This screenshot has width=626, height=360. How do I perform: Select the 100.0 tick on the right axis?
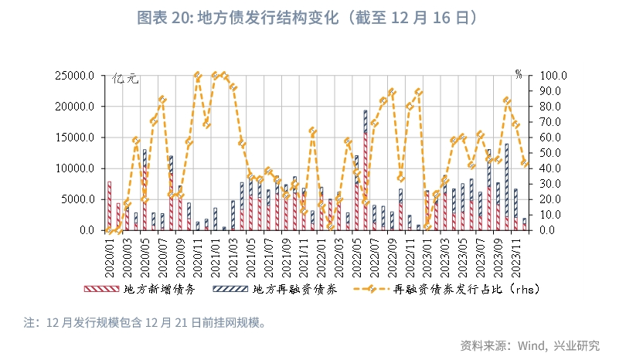click(x=553, y=76)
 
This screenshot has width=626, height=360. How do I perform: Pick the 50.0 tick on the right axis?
click(x=550, y=153)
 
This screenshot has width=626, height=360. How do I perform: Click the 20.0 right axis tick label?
click(x=550, y=199)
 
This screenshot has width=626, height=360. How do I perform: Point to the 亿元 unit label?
click(x=125, y=78)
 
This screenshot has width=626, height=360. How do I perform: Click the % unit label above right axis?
click(x=519, y=74)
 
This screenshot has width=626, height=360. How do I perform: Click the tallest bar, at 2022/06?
click(x=365, y=170)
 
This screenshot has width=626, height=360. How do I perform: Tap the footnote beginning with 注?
click(x=144, y=322)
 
